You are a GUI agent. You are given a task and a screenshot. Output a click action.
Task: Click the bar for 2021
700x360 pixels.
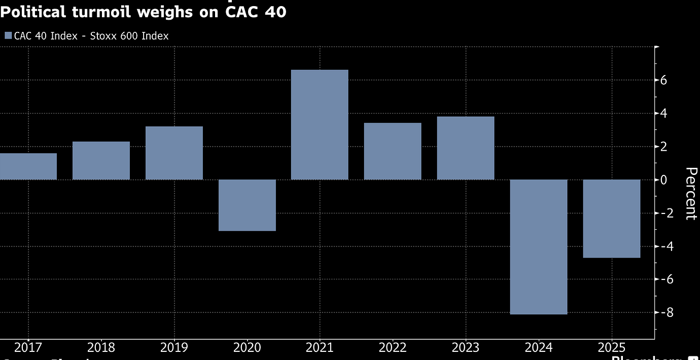(x=320, y=125)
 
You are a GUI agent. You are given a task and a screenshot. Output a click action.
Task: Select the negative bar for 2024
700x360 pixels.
(x=538, y=247)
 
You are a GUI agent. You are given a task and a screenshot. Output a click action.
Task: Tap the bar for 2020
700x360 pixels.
(x=247, y=205)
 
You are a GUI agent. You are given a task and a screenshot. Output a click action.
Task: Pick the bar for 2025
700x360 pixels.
(x=611, y=219)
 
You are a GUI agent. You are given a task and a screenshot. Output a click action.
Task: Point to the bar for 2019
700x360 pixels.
(x=174, y=153)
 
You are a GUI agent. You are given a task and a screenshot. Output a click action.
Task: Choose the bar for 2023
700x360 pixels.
(x=465, y=148)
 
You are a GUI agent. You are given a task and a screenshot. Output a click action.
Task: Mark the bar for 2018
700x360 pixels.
(x=101, y=160)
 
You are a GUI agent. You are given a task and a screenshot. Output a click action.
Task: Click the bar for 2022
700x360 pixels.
(x=393, y=151)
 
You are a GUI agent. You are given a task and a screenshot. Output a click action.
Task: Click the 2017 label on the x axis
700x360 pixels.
(x=28, y=347)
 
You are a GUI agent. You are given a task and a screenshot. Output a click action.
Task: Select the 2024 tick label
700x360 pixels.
(x=539, y=347)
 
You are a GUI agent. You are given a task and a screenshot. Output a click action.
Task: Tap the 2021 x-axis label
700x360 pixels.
(x=320, y=347)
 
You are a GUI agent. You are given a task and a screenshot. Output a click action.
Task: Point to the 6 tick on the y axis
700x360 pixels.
(x=663, y=80)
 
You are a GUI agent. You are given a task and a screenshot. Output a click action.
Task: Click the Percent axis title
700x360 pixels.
(x=690, y=193)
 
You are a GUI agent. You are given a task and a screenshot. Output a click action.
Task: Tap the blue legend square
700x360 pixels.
(x=8, y=36)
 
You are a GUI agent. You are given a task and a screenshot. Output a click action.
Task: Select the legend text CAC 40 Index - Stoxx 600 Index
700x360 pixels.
(x=91, y=36)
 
